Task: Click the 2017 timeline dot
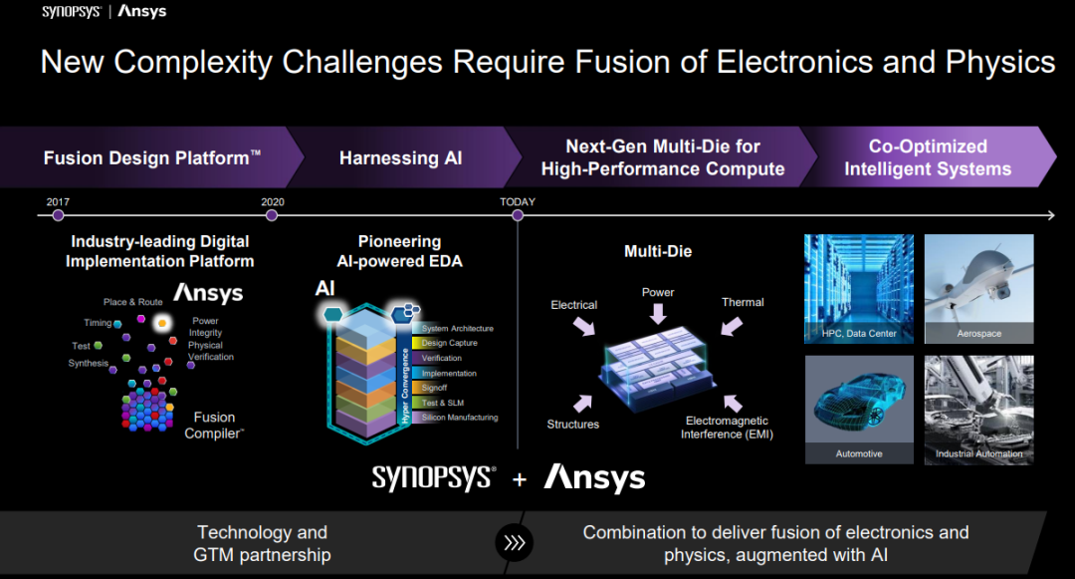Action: [x=59, y=215]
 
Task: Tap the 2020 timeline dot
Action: [x=272, y=215]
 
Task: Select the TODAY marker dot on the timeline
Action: [x=518, y=215]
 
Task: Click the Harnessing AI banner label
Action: [x=400, y=158]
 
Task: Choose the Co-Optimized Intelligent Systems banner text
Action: [x=928, y=157]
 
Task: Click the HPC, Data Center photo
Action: [x=859, y=289]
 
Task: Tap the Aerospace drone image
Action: [x=979, y=289]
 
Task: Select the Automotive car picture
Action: [x=859, y=410]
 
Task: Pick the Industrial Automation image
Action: [x=979, y=410]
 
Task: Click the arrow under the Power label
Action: [x=658, y=314]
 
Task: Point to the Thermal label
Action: [x=743, y=302]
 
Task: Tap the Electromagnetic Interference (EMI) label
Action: [x=727, y=428]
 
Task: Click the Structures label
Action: [x=573, y=424]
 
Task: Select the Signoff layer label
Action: [x=435, y=388]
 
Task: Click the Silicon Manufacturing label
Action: [x=460, y=418]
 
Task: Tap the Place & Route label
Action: [x=133, y=302]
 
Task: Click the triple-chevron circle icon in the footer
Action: [x=515, y=543]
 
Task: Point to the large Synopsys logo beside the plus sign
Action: [x=434, y=478]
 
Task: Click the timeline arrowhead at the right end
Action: [x=1051, y=215]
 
